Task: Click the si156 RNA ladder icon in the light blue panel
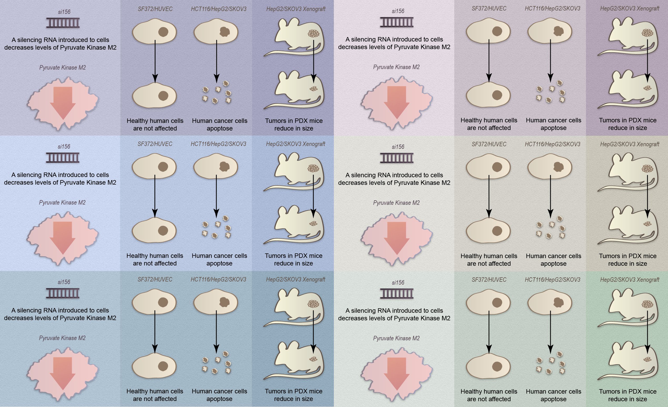[x=63, y=158]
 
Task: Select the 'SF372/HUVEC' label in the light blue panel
[x=155, y=144]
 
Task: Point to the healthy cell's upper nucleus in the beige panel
[x=497, y=167]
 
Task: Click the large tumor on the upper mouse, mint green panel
[x=647, y=304]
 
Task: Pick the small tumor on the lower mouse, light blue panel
[x=313, y=224]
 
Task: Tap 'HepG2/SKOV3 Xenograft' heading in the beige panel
[x=630, y=144]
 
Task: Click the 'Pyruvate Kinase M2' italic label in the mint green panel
[x=396, y=338]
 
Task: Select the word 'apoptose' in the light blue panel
[x=219, y=263]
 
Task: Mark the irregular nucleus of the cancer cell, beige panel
[x=558, y=167]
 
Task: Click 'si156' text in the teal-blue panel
[x=64, y=282]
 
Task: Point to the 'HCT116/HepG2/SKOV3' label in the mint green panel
[x=553, y=280]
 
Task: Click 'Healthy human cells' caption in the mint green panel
[x=489, y=391]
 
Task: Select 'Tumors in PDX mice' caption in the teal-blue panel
[x=294, y=391]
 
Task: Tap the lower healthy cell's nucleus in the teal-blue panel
[x=163, y=366]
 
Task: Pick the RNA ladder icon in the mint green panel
[x=397, y=294]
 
